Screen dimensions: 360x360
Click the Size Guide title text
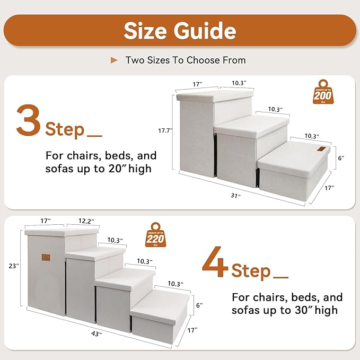(x=180, y=31)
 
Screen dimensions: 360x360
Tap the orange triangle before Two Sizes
(x=114, y=60)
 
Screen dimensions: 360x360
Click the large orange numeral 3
(x=29, y=120)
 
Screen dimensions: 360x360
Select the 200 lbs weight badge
(x=323, y=93)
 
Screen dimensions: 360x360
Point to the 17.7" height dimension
(x=166, y=130)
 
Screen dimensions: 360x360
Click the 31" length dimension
(x=235, y=195)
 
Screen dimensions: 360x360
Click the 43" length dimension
(x=96, y=333)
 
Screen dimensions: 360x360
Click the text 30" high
(x=313, y=310)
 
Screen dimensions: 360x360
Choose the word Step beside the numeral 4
(x=251, y=271)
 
